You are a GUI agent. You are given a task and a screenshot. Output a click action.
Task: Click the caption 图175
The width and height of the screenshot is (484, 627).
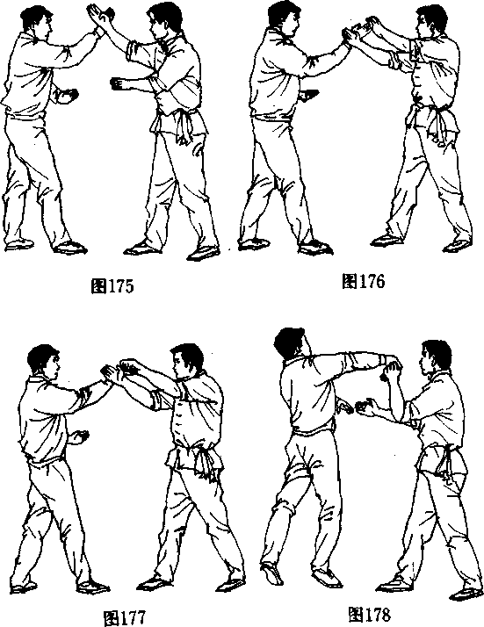(112, 286)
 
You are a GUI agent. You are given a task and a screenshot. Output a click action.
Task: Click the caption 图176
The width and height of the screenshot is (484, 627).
(363, 281)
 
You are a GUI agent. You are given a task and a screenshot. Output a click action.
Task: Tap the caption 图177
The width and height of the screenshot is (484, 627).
(125, 618)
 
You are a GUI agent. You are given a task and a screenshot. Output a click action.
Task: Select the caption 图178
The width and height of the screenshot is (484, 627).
(369, 614)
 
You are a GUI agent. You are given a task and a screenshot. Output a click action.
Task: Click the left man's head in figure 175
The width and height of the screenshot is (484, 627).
(37, 23)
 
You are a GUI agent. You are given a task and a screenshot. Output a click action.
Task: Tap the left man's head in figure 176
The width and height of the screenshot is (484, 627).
(284, 20)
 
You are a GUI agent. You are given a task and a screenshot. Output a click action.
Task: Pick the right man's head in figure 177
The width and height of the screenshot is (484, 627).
(187, 361)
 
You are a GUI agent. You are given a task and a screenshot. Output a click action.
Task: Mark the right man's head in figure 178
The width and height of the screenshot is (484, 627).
(435, 358)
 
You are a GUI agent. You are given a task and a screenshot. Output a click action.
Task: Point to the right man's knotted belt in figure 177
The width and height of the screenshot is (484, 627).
(203, 461)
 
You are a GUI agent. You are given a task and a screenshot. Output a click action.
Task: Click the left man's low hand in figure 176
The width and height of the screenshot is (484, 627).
(309, 95)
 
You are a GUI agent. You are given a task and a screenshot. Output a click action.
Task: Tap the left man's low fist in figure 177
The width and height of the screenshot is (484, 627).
(80, 436)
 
